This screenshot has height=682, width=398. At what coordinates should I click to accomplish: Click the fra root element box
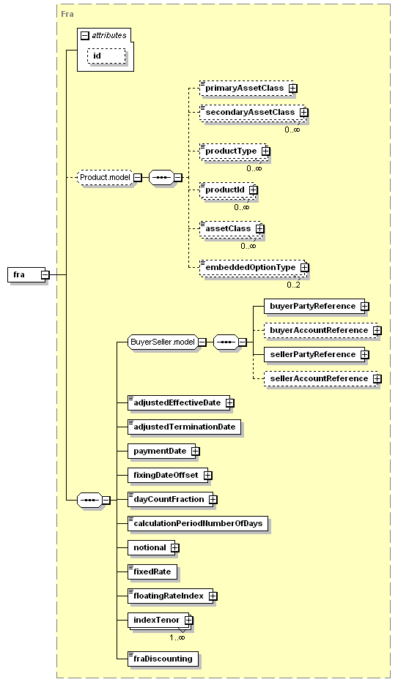click(x=26, y=275)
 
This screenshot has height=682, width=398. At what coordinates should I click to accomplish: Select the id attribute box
click(x=106, y=56)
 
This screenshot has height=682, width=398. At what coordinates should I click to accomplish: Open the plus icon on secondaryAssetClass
click(x=303, y=112)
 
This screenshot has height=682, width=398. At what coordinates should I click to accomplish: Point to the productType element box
click(x=233, y=151)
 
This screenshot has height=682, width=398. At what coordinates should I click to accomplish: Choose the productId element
click(x=227, y=190)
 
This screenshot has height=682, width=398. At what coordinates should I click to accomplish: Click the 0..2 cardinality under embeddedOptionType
click(x=293, y=285)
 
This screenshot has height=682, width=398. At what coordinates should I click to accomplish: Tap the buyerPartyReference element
click(x=314, y=306)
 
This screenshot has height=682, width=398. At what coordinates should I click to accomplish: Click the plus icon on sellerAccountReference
click(x=377, y=379)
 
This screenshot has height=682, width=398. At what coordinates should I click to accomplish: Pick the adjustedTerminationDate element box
click(x=184, y=427)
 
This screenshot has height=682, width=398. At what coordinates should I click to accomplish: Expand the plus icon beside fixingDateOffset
click(x=207, y=476)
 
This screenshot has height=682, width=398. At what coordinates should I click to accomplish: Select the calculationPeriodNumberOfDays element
click(x=198, y=524)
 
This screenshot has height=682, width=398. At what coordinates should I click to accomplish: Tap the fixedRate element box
click(x=152, y=572)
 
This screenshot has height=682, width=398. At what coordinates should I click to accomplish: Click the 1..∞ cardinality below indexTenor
click(x=177, y=637)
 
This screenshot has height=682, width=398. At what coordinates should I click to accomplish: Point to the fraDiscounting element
click(x=163, y=659)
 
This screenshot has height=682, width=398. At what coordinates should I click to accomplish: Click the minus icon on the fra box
click(x=45, y=275)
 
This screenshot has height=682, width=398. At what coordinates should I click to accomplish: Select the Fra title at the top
click(x=67, y=14)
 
